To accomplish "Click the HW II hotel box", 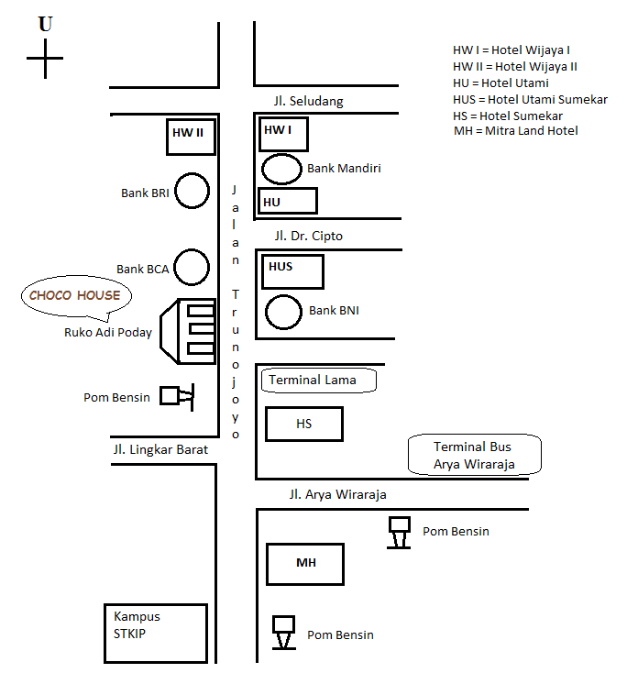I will click(192, 136).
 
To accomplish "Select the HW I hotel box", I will click(283, 134).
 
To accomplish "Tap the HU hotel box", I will click(288, 201).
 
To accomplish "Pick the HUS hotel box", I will click(293, 271).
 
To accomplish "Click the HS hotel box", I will click(303, 424).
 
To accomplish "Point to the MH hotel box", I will click(305, 564).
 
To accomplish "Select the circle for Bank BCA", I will click(192, 267).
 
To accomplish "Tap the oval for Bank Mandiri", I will click(281, 169).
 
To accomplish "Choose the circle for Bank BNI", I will click(283, 312).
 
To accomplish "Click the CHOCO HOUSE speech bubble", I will click(75, 296).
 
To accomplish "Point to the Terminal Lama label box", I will click(319, 380).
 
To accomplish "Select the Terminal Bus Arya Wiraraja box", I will click(475, 455).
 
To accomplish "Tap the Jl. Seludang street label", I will click(308, 102).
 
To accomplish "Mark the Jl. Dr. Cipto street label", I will click(308, 236).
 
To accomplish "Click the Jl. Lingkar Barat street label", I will click(160, 450).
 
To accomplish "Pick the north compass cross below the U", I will click(45, 64).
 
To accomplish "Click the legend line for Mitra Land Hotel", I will click(516, 131).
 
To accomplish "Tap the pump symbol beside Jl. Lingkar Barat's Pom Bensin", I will click(176, 395).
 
